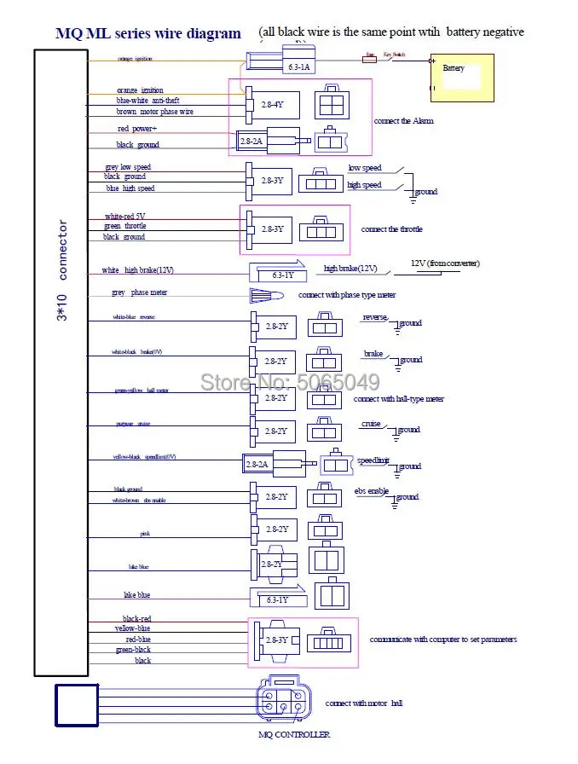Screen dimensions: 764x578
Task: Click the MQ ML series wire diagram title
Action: (148, 34)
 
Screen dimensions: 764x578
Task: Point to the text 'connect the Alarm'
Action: (403, 121)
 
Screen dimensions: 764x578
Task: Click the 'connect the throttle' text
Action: (391, 229)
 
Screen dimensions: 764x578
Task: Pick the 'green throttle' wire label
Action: (124, 226)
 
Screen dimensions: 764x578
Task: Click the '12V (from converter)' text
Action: (445, 263)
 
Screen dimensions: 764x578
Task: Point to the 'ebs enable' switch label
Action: (372, 491)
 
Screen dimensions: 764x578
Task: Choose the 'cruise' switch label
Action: (370, 424)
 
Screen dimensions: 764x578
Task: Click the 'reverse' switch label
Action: (374, 317)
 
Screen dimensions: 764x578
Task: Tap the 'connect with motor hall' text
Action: (363, 703)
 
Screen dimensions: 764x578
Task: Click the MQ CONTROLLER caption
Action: (293, 734)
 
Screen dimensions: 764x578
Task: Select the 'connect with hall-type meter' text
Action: (398, 399)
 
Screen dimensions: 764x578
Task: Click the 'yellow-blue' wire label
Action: (132, 628)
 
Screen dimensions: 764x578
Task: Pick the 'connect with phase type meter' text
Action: (346, 295)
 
